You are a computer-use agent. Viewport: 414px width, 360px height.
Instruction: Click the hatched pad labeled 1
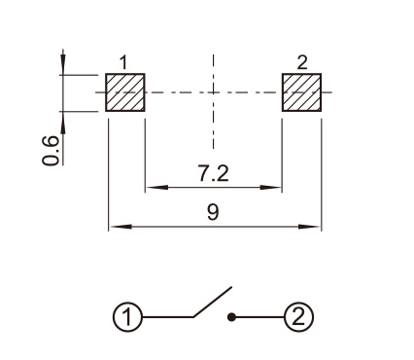[125, 92]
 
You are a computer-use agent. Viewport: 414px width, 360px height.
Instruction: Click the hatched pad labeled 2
[301, 92]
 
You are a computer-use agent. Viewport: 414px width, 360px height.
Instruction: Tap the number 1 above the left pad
[123, 62]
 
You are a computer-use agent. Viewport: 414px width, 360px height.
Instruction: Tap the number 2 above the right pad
[302, 62]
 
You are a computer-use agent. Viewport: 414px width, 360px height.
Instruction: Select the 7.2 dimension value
[214, 173]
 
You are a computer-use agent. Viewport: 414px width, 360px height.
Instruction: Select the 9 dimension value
[213, 212]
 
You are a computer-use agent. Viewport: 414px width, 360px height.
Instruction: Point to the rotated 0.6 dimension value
[52, 150]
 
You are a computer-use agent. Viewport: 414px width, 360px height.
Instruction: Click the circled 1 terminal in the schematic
[127, 317]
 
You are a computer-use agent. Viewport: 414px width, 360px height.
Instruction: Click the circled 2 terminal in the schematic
[298, 317]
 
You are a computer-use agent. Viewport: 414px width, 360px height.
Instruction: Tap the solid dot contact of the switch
[231, 317]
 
